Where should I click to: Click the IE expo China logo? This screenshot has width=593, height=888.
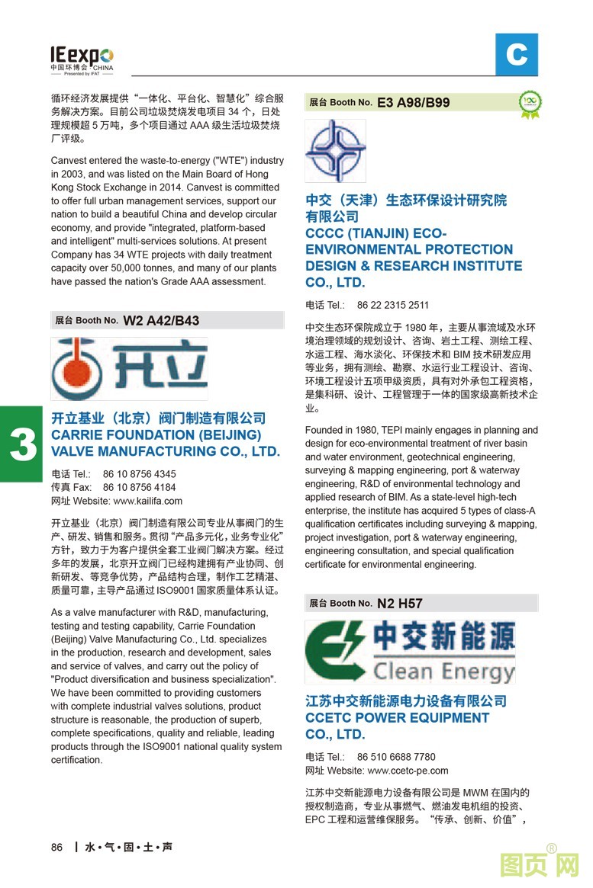coord(82,59)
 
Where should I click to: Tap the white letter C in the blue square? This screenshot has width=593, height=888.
coord(517,55)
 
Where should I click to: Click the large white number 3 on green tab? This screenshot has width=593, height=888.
coord(22,444)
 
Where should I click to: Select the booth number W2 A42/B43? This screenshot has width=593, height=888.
coord(161,320)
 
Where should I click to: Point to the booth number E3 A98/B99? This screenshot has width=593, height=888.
coord(413,102)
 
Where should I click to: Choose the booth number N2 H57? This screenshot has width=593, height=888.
coord(399,603)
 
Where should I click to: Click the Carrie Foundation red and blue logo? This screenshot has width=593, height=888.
coord(129,369)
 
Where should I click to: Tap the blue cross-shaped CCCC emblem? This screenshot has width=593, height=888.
coord(335,150)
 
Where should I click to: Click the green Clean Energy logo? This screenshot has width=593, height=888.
coord(410,652)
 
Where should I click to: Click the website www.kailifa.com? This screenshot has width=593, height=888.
coord(147,501)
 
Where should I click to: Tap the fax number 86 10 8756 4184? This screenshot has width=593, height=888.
coord(139,487)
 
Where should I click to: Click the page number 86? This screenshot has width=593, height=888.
coord(56,848)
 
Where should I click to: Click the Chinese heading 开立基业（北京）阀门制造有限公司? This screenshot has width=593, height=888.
coord(158,418)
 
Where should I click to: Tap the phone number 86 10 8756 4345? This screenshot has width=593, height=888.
coord(139,473)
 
